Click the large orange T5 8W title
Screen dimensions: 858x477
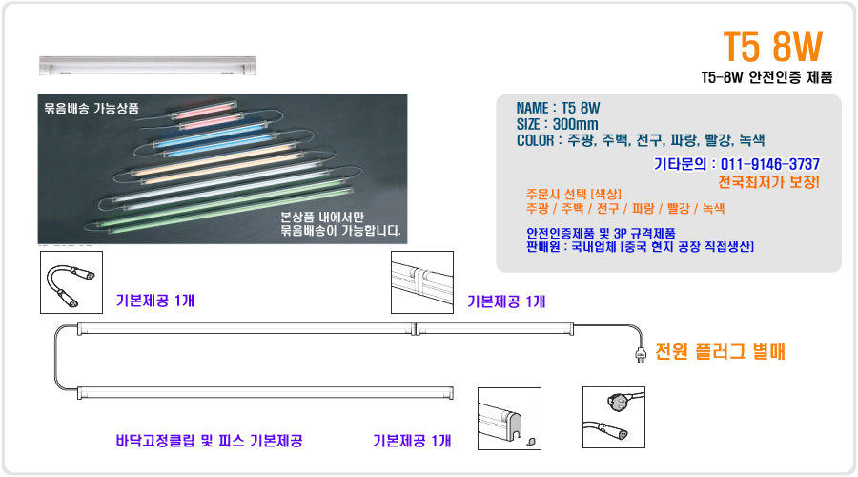(x=772, y=47)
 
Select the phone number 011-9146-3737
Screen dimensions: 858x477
(x=770, y=164)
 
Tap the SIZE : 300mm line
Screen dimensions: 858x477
(x=557, y=124)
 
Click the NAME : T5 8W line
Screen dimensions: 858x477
(x=558, y=108)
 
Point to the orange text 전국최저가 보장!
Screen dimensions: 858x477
(x=768, y=182)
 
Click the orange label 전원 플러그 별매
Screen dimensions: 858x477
(x=720, y=351)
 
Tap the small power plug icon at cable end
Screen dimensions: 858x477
(x=641, y=355)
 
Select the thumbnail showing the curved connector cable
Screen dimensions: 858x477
(x=71, y=282)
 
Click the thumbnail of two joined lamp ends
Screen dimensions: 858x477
(x=422, y=282)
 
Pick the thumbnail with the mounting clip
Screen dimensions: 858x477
(x=509, y=419)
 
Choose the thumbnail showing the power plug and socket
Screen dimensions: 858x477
(x=614, y=417)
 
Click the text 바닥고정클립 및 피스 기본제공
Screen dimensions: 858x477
(x=209, y=441)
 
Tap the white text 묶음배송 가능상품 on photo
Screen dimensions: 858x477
(x=92, y=108)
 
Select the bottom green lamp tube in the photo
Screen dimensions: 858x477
(x=230, y=211)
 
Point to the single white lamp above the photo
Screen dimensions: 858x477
(x=148, y=65)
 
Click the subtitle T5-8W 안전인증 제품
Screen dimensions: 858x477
(x=766, y=77)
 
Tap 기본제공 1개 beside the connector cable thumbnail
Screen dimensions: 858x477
(x=154, y=301)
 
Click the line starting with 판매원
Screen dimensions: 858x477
(x=640, y=247)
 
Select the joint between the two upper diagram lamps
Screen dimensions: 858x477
(x=416, y=328)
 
